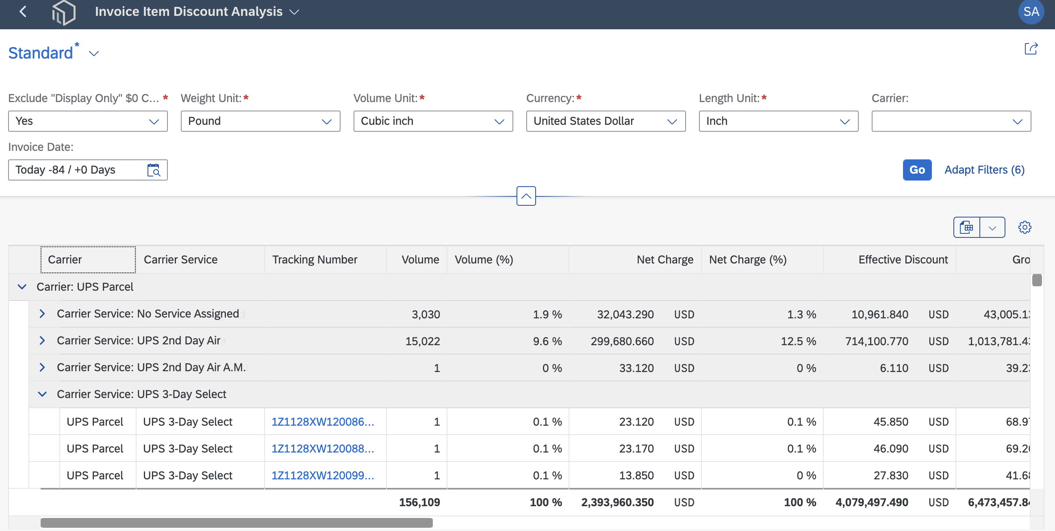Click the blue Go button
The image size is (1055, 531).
point(917,170)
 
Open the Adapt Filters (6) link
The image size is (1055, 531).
point(984,170)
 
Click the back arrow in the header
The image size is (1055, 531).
point(23,11)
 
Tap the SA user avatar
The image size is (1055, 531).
point(1031,11)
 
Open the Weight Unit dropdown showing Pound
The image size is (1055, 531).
point(260,121)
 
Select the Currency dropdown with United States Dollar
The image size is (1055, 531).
point(606,121)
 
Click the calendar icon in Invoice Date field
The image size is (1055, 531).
point(154,170)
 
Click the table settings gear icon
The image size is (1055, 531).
point(1025,227)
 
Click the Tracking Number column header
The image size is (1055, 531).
point(315,259)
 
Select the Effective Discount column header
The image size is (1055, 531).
point(903,259)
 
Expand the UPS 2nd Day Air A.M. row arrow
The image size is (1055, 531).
point(42,367)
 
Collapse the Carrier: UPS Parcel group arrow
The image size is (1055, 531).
point(22,287)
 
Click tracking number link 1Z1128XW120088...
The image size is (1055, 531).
point(323,448)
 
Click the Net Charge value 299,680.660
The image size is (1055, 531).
point(622,341)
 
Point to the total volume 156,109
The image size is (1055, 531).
point(419,502)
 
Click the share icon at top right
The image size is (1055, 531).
point(1031,49)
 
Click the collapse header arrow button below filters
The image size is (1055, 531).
point(526,196)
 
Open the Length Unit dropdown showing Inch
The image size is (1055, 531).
point(779,121)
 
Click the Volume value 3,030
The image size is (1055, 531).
point(426,314)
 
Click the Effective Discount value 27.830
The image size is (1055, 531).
point(891,475)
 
